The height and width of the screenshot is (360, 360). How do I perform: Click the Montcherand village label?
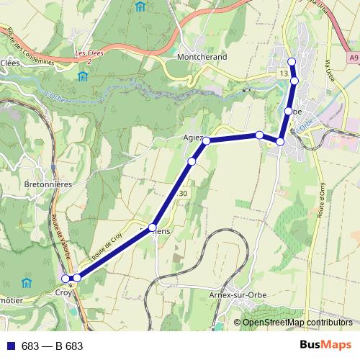point(201,57)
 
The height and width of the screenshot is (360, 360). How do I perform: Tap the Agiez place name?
point(193,137)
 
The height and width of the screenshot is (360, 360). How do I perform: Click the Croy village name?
point(63,293)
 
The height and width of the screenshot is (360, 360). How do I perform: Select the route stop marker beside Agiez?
point(206,140)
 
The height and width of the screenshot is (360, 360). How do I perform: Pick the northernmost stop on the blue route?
point(292,61)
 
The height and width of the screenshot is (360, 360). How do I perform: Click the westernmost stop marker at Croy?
point(66,279)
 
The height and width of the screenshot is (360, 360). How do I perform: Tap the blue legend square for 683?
point(10,346)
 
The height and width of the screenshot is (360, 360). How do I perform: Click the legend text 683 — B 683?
point(52,346)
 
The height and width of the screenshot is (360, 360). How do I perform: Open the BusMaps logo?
point(325,346)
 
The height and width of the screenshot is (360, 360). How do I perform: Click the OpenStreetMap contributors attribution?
point(297,323)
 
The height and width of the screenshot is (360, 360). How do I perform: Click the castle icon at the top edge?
point(139,6)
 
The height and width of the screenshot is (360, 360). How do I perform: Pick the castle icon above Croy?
point(27,282)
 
